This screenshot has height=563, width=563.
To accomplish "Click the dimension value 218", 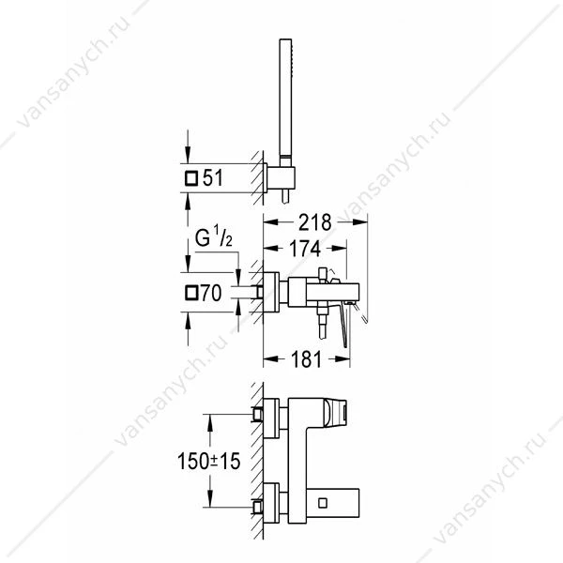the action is coord(315,222).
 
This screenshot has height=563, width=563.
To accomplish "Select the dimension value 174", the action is coord(305,249).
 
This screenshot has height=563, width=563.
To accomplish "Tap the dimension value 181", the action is coord(306,359).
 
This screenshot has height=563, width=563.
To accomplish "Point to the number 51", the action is coord(213,177).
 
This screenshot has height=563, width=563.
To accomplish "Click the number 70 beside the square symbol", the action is coord(211,293).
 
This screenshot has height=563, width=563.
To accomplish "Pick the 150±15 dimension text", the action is coord(208,461).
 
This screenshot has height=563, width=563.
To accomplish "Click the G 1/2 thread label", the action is coord(213,236).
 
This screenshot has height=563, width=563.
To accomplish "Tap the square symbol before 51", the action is coord(191,178).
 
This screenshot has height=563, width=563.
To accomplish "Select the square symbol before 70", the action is coord(191,293).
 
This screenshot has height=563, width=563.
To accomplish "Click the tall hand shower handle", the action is coord(285,102).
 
